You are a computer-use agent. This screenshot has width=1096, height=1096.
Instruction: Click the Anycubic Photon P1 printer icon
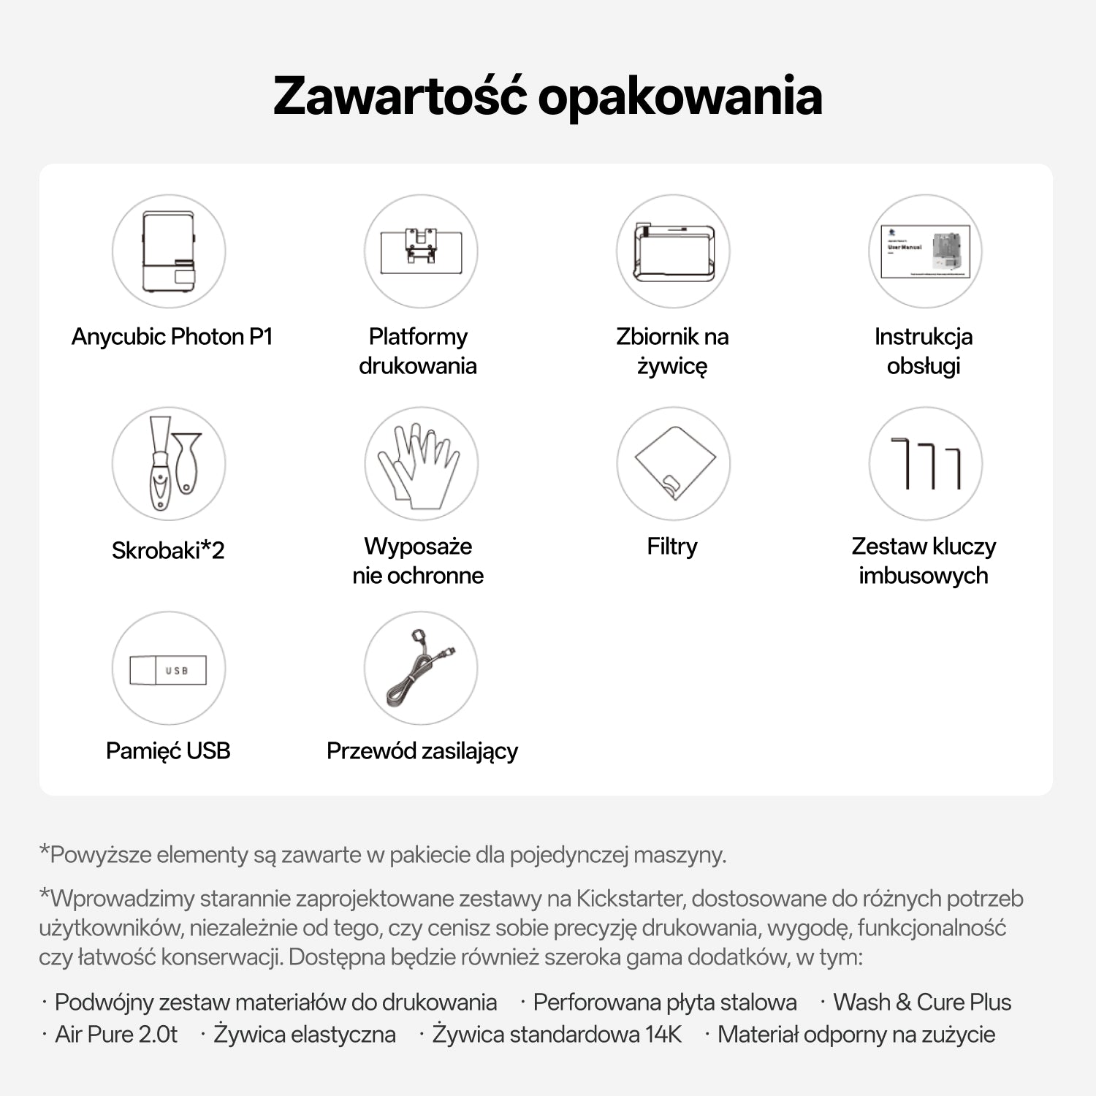(x=169, y=251)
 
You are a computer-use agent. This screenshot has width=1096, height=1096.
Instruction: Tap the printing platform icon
(x=421, y=251)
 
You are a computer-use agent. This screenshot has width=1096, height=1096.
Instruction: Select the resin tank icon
(x=673, y=251)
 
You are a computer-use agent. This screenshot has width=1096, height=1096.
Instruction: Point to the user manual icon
(x=925, y=251)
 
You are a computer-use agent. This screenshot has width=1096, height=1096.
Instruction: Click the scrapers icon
(x=169, y=463)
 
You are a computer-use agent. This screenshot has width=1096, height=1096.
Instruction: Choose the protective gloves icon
(x=421, y=463)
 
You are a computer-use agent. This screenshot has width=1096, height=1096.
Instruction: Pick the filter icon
(x=673, y=463)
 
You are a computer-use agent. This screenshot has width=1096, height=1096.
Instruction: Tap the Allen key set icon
(x=925, y=463)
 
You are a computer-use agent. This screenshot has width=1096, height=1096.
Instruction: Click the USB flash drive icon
(x=169, y=669)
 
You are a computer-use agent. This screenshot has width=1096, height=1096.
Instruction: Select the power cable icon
(x=421, y=669)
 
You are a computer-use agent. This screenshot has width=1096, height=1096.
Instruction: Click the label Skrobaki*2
(x=168, y=550)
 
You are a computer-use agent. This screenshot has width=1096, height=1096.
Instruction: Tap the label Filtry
(x=672, y=547)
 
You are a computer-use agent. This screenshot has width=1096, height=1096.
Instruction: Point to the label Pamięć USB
(x=168, y=751)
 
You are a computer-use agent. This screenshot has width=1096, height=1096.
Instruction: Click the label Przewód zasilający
(x=422, y=751)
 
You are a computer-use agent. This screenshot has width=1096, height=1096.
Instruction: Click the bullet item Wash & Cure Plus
(x=922, y=1002)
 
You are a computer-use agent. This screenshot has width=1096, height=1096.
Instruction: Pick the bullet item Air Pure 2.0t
(x=116, y=1035)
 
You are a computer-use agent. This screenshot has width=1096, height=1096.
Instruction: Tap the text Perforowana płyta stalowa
(x=665, y=1002)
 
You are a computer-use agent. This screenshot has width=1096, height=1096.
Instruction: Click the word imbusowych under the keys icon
(x=924, y=576)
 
